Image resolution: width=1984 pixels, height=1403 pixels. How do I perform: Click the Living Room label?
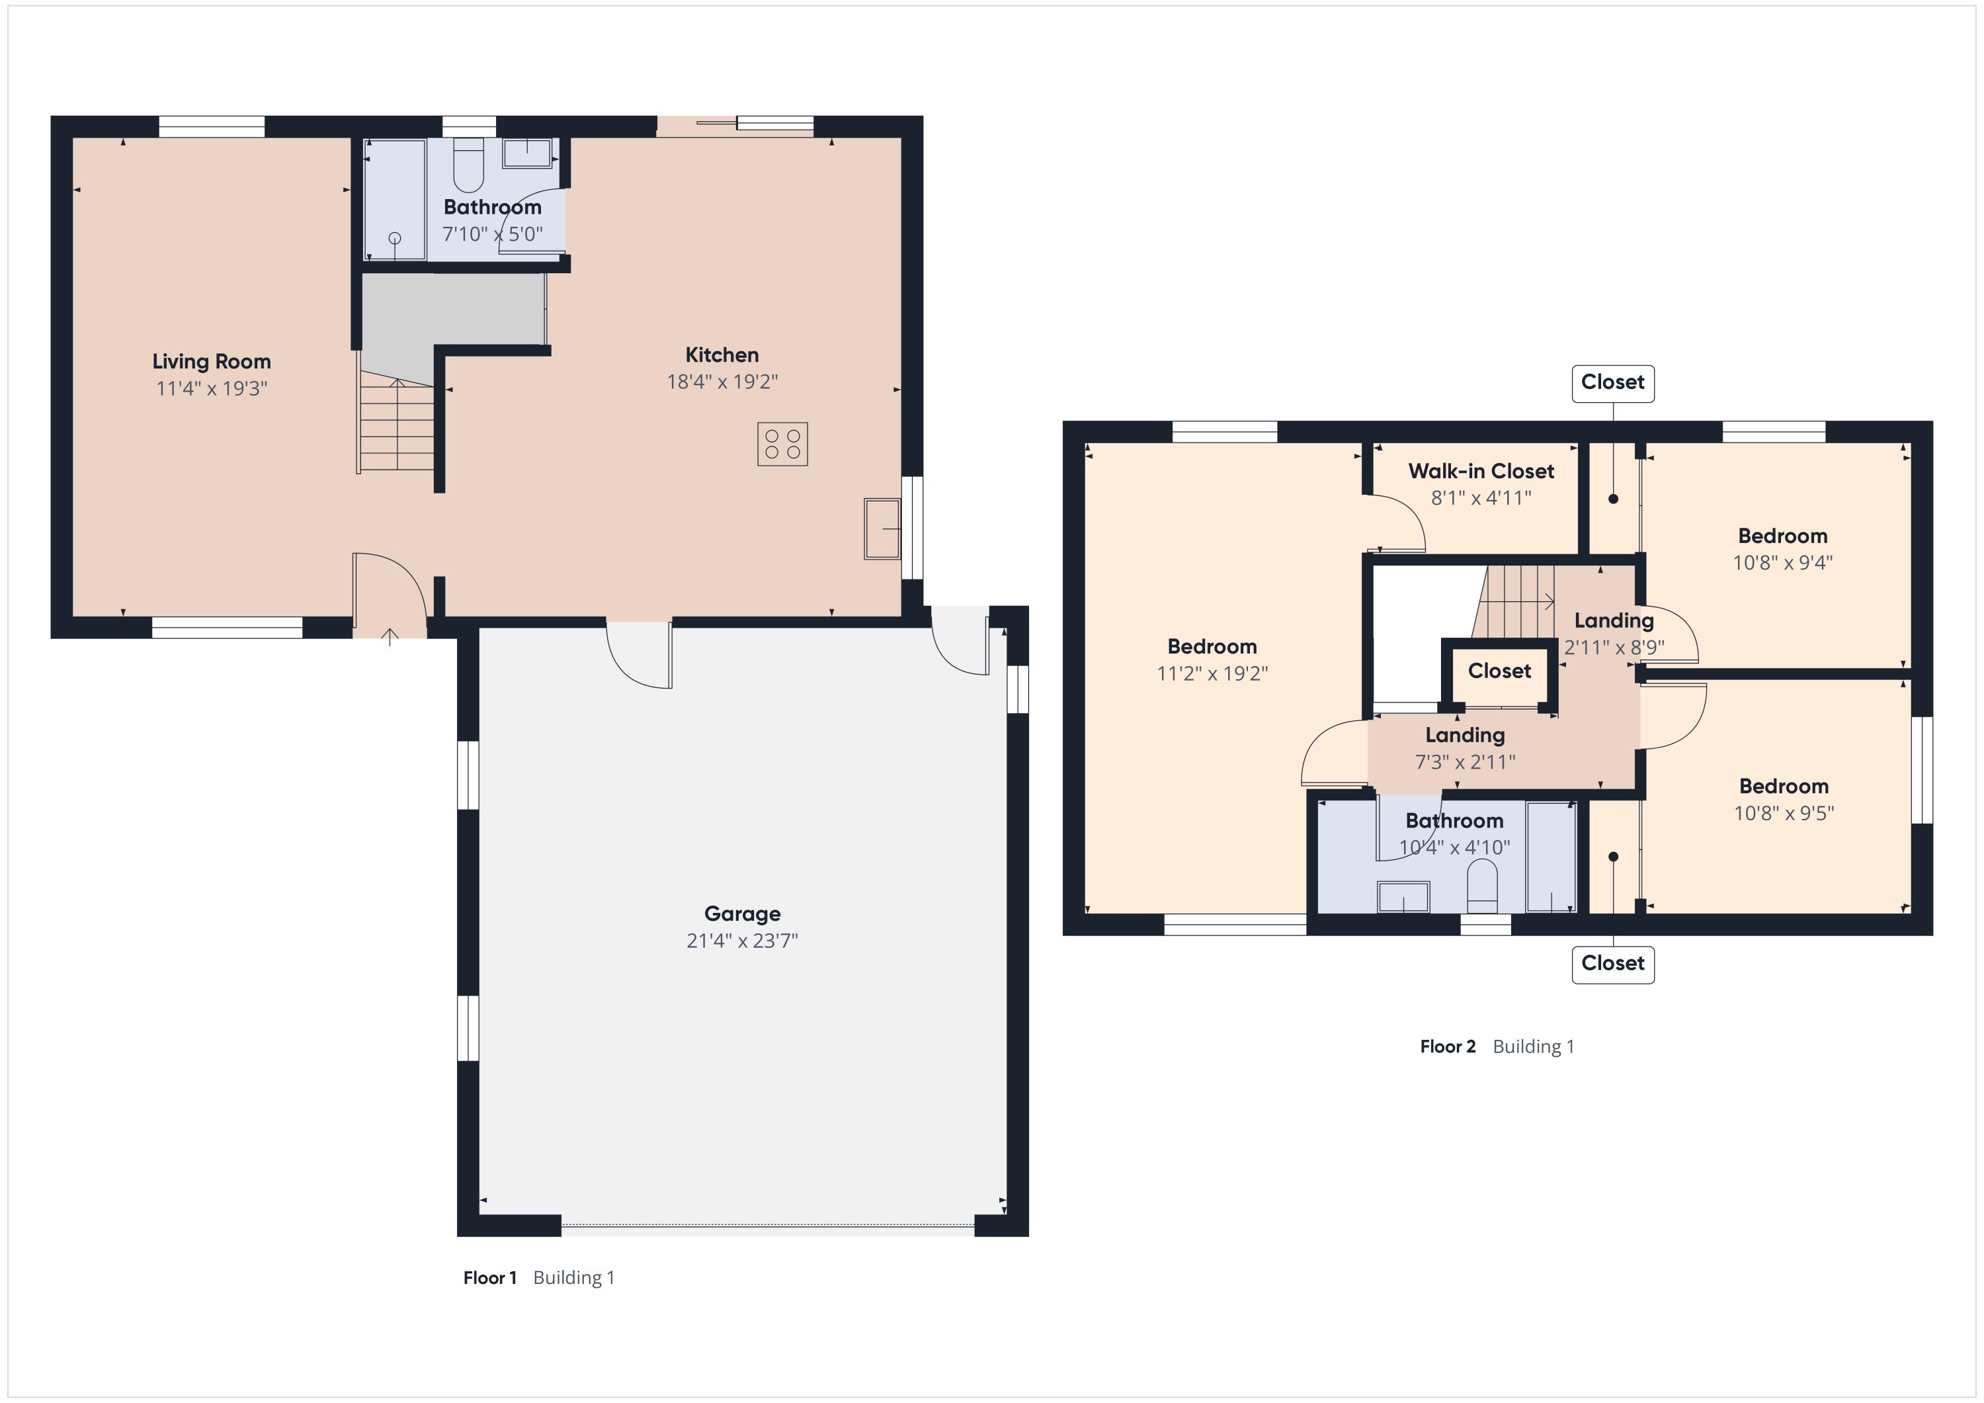pyautogui.click(x=212, y=361)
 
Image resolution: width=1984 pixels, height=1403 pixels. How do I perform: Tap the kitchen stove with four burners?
pyautogui.click(x=783, y=445)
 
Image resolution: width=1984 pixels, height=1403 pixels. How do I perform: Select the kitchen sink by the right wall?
pyautogui.click(x=882, y=528)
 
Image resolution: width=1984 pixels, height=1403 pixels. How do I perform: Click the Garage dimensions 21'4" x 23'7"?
pyautogui.click(x=742, y=941)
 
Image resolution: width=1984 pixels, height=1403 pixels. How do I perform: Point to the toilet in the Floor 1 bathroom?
pyautogui.click(x=468, y=164)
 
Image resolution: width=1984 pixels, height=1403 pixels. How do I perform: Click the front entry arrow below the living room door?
pyautogui.click(x=391, y=637)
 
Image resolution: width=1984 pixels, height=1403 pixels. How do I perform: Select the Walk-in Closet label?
pyautogui.click(x=1481, y=471)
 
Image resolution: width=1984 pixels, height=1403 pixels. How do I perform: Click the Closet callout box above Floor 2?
pyautogui.click(x=1612, y=383)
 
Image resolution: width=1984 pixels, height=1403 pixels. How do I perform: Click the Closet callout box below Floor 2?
pyautogui.click(x=1612, y=964)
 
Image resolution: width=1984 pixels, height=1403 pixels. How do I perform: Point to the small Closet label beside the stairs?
pyautogui.click(x=1499, y=671)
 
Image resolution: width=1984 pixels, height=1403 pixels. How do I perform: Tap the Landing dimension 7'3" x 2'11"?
pyautogui.click(x=1465, y=761)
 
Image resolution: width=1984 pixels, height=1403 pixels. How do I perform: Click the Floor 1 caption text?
pyautogui.click(x=539, y=1278)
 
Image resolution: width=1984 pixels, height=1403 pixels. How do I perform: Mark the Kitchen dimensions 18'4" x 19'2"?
pyautogui.click(x=722, y=381)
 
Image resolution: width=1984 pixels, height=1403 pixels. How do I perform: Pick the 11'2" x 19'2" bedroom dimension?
pyautogui.click(x=1212, y=673)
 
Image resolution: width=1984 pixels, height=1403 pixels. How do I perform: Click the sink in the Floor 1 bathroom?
pyautogui.click(x=528, y=153)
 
